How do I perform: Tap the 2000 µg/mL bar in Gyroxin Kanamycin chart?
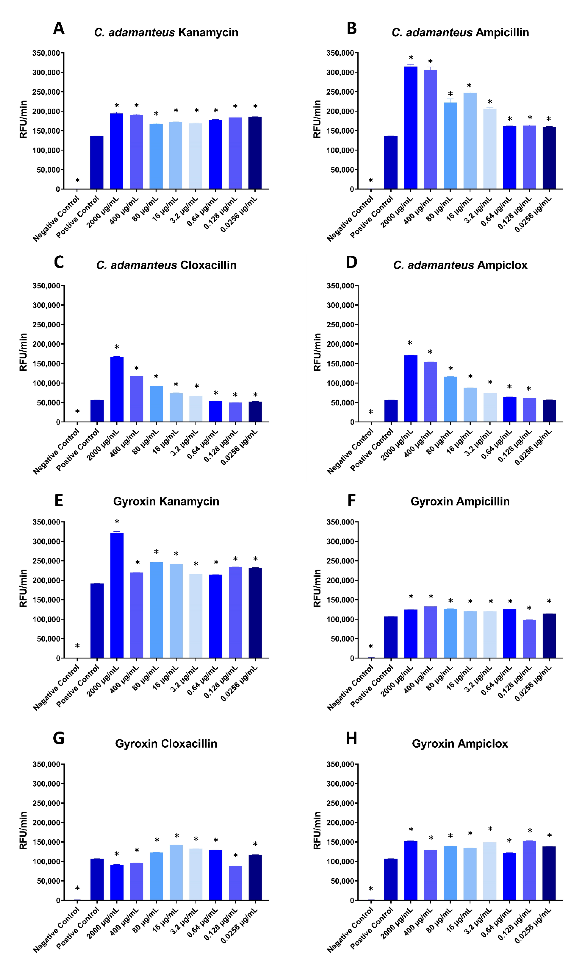click(x=117, y=595)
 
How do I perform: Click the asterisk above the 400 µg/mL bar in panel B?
click(x=430, y=62)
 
